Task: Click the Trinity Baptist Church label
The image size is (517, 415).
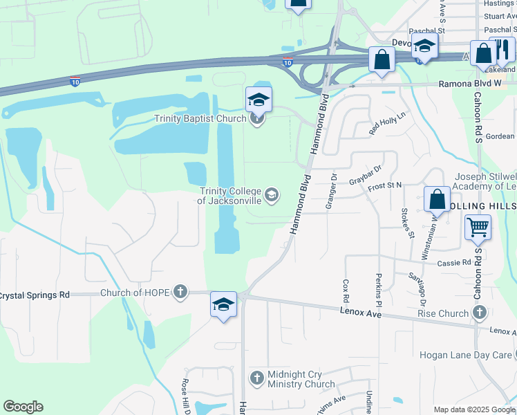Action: point(201,118)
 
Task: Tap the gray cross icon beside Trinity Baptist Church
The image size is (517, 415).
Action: point(257,118)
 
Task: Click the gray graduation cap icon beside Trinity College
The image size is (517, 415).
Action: point(272,196)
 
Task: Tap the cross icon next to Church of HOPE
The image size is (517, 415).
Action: point(181,292)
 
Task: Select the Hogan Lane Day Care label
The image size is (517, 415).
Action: point(466,355)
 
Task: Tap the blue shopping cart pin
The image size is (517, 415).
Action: point(478,228)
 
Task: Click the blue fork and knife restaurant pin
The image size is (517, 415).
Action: point(502,50)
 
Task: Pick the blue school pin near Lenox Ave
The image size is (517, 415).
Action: point(223,304)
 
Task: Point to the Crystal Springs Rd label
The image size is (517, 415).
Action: point(35,295)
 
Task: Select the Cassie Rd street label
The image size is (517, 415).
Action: point(454,263)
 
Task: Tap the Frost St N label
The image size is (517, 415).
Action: point(385,187)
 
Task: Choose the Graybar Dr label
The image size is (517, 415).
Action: point(366,176)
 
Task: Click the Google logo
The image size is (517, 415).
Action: point(23,407)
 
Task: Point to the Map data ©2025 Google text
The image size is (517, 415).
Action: point(474,409)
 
